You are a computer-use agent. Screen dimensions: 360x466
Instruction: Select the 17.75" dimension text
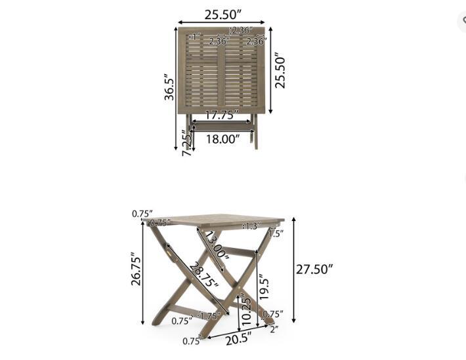point(221,115)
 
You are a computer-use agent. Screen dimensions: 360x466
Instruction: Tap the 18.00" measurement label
point(221,139)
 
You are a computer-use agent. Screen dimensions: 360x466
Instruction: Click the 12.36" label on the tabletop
point(240,30)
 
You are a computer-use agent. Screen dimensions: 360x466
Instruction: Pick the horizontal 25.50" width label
point(221,12)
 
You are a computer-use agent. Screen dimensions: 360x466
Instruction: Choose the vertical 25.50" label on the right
point(280,71)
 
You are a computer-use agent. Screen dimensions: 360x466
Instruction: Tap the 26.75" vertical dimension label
point(136,279)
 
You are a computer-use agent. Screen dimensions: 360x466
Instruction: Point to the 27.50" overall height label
point(313,269)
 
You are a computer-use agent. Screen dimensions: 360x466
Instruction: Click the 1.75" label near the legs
point(209,316)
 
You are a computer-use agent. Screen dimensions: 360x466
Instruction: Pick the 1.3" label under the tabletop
point(251,226)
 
